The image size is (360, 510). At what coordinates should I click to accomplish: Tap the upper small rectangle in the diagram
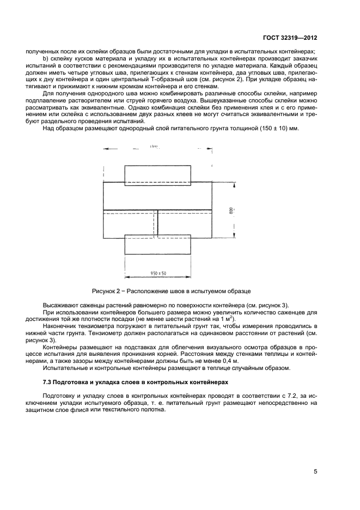click(157, 174)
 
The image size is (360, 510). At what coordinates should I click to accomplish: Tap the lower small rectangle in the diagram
click(157, 245)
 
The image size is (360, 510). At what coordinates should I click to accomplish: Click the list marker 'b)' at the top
click(46, 59)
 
